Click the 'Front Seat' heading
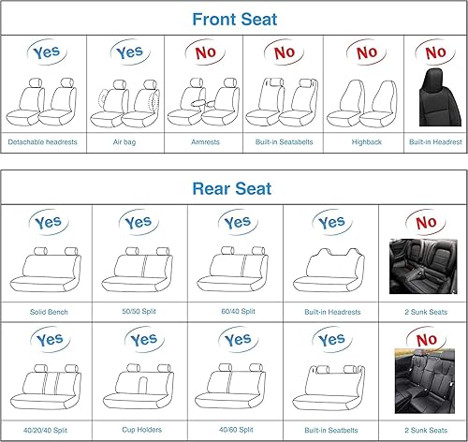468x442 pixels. point(233,18)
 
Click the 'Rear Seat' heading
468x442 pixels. point(231,188)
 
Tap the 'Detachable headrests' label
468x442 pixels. point(42,143)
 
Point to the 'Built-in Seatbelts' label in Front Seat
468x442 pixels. point(283,143)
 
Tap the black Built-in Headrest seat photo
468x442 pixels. point(432,97)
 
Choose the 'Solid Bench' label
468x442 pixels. point(47,310)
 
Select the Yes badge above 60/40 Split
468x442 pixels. point(236,224)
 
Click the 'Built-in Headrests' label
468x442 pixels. point(330,310)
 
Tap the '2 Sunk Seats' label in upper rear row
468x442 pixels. point(422,310)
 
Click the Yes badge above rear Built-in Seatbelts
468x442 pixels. point(330,340)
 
